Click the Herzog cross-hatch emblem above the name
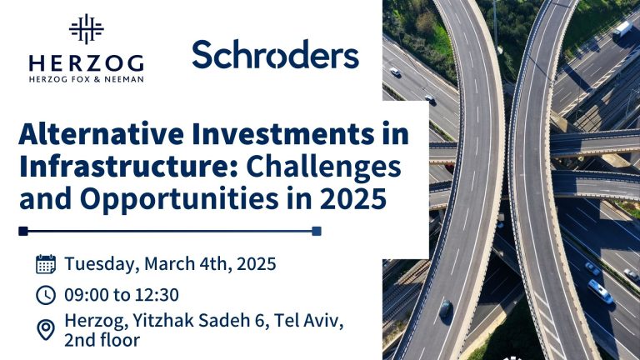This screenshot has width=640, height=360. [86, 29]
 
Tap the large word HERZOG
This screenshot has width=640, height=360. [86, 63]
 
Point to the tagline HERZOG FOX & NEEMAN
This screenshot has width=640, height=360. [86, 79]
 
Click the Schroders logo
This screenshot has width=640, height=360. [276, 54]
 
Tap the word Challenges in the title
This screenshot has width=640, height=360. [324, 167]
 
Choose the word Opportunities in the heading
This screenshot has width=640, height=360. [179, 200]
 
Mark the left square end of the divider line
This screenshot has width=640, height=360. [23, 232]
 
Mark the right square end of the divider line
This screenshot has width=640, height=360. [317, 232]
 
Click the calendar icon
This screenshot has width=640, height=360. [46, 264]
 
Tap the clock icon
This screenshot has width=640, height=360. [46, 295]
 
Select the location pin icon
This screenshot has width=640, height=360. [46, 329]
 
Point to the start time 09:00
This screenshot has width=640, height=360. [86, 295]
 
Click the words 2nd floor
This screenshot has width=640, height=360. [102, 340]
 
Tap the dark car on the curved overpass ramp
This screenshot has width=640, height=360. [445, 308]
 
